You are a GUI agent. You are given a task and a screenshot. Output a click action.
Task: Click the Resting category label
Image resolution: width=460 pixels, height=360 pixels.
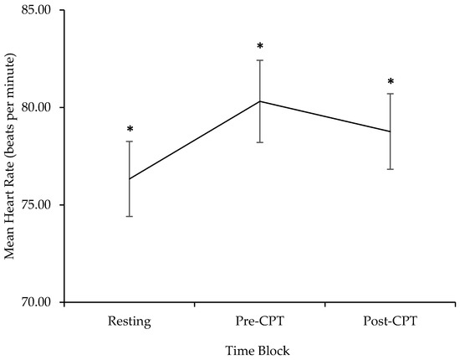(x=130, y=321)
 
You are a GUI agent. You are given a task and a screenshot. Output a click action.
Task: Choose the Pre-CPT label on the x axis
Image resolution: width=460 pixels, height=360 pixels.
(x=260, y=321)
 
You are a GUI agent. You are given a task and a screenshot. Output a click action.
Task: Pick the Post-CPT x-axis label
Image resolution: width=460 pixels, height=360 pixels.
(x=391, y=321)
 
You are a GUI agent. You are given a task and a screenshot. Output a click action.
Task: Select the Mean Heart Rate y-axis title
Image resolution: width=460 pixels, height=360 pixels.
(x=11, y=157)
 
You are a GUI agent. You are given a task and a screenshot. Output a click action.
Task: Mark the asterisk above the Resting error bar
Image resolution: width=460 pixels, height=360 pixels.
(x=130, y=130)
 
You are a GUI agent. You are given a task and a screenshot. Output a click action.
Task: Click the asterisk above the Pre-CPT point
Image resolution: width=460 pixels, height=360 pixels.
(x=260, y=47)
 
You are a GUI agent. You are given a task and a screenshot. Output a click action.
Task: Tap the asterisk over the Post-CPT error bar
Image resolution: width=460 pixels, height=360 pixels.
(x=391, y=82)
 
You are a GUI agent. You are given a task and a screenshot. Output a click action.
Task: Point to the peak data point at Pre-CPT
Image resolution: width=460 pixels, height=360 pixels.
(x=260, y=101)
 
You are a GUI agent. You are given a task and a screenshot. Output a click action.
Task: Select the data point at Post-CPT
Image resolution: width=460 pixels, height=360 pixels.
(x=391, y=131)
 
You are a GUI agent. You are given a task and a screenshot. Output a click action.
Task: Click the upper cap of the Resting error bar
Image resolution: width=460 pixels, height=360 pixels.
(x=130, y=141)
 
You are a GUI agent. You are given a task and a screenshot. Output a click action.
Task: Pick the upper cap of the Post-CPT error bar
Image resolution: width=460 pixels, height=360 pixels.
(x=391, y=94)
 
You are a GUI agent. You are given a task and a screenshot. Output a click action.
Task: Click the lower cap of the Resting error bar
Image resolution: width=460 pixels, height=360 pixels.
(x=130, y=216)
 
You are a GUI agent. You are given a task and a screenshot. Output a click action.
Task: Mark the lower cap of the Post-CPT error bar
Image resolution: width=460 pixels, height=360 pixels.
(x=391, y=169)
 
